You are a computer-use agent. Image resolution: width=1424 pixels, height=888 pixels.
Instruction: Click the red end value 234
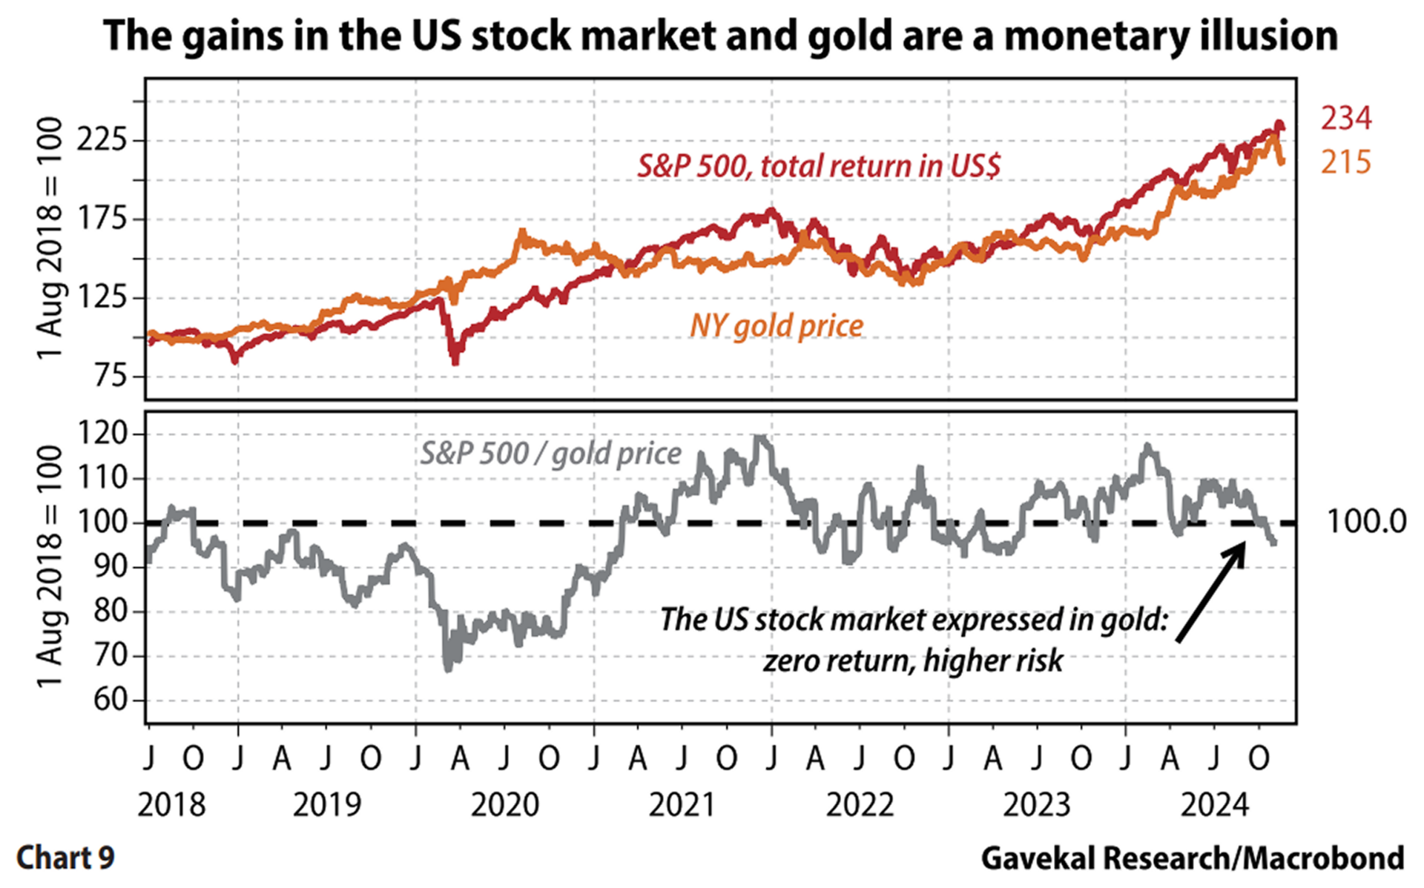point(1346,119)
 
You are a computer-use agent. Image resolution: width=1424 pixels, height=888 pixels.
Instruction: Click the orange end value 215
point(1346,162)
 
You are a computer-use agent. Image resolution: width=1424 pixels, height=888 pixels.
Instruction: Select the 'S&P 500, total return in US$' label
point(819,166)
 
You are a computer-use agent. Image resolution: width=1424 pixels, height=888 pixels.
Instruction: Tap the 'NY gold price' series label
point(777,326)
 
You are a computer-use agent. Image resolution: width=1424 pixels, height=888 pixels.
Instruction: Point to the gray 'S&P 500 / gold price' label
point(550,454)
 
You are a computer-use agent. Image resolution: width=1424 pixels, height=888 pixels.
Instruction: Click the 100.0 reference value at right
point(1365,522)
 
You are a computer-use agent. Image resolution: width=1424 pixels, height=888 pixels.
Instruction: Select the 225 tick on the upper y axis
point(102,139)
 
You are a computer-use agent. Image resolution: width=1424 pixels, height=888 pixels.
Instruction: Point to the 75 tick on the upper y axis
point(111,376)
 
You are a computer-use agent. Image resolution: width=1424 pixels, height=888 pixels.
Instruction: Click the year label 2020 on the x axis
point(505,805)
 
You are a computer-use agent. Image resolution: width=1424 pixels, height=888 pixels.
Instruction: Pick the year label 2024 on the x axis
point(1215,805)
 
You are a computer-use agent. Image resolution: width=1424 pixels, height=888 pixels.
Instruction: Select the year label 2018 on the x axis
point(171,805)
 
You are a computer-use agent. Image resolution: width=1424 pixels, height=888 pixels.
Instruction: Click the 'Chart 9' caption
point(65,858)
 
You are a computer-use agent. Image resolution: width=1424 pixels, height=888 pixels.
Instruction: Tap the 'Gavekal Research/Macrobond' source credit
point(1192,858)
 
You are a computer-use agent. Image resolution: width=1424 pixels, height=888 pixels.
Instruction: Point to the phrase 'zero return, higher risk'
point(913,660)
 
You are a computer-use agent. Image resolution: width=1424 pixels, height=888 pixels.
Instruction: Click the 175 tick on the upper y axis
point(102,219)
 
